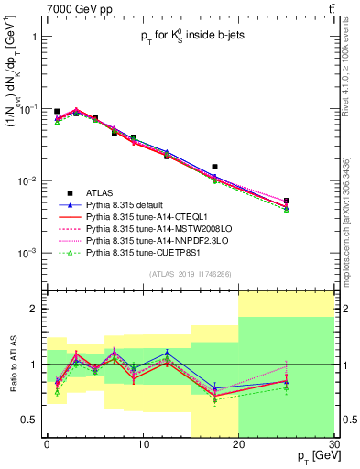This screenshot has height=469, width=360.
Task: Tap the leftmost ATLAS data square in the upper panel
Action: tap(57, 111)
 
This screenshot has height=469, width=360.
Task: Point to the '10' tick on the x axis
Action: tap(142, 443)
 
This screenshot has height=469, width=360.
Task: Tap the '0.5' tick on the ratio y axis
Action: tap(33, 420)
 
